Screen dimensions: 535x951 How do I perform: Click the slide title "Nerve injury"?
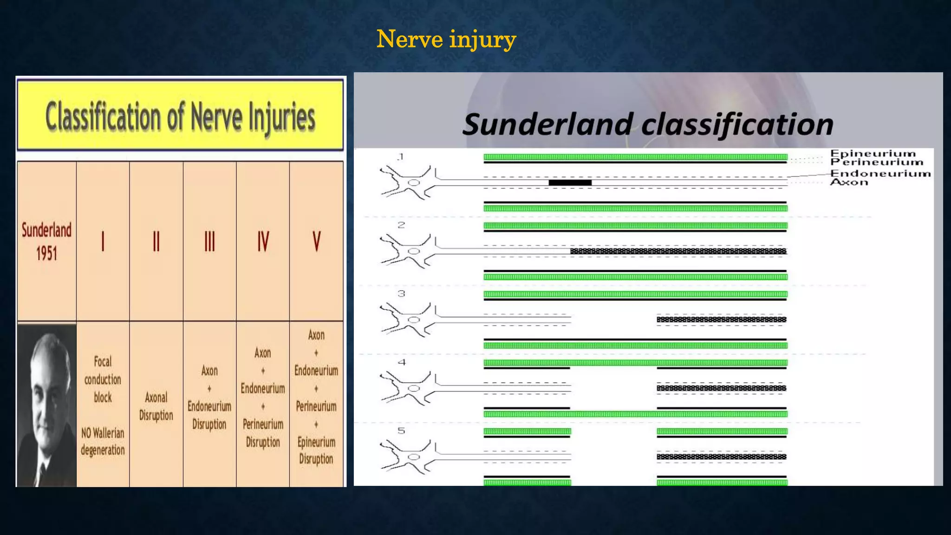446,39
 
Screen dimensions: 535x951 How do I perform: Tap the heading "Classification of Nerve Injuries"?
180,117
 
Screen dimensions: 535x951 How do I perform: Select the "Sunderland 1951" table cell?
46,241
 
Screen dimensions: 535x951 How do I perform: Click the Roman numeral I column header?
103,241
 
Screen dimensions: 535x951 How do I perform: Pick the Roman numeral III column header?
209,241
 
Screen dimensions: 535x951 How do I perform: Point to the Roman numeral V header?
316,241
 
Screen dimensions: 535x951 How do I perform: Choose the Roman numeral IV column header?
263,241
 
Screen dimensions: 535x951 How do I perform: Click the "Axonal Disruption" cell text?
156,406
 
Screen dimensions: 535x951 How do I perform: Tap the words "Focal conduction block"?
103,379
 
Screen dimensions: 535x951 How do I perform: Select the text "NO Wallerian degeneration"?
103,442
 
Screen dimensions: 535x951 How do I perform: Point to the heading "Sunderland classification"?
648,124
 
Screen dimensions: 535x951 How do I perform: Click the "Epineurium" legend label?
873,153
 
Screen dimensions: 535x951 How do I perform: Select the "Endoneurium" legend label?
880,173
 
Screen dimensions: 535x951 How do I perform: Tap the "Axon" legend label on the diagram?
849,182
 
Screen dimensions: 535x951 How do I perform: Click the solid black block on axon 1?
570,183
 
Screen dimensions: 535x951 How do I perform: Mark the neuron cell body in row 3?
413,320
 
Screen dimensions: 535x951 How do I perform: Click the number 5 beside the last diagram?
402,431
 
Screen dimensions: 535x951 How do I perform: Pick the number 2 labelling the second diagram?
402,225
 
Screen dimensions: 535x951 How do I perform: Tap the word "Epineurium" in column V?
316,442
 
